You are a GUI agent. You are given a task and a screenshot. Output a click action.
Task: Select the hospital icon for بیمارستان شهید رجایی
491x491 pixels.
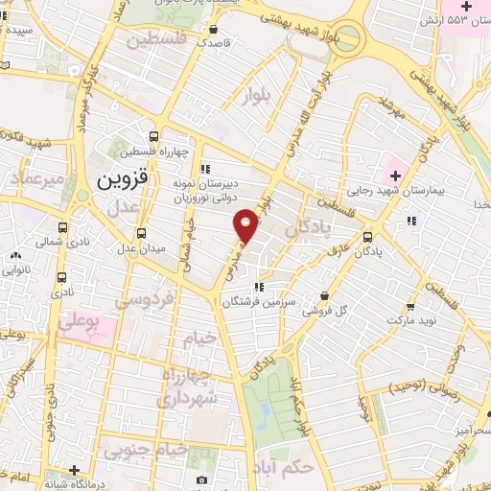pos(392,176)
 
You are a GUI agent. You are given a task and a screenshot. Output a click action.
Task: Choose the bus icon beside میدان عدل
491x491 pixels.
pos(142,233)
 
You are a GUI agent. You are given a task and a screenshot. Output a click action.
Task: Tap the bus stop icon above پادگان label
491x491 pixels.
pos(368,236)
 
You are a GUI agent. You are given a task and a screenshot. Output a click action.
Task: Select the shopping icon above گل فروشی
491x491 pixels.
pos(326,295)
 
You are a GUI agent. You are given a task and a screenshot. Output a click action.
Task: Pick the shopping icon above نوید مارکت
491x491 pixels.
pos(410,308)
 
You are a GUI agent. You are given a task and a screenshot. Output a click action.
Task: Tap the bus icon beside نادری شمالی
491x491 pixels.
pos(63,227)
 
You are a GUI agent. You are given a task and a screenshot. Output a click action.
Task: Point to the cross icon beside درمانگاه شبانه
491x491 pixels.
pos(75,469)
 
